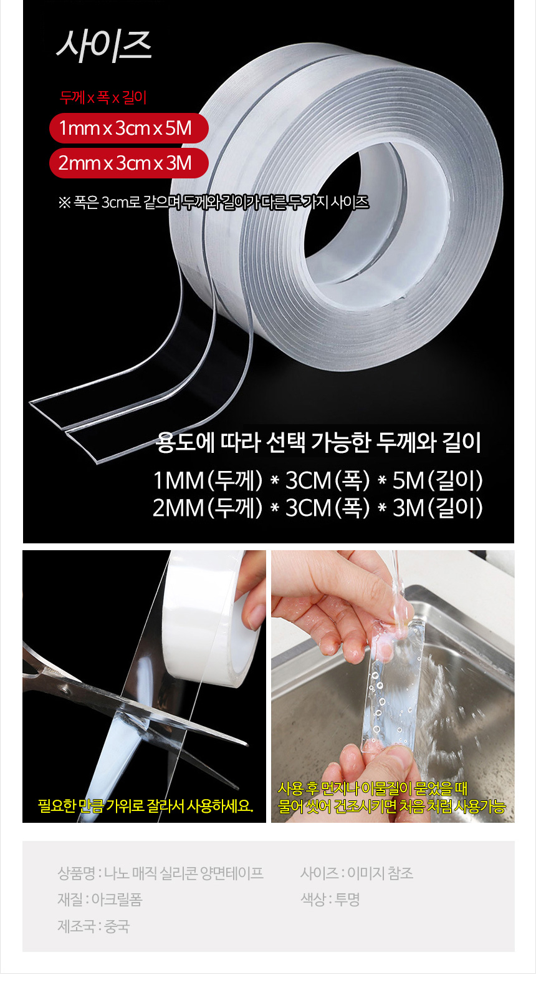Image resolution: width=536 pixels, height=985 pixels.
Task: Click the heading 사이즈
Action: point(104,46)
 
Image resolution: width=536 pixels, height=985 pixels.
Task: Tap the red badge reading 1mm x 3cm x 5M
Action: point(128,129)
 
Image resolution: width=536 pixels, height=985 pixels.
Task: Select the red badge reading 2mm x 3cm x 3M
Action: point(128,163)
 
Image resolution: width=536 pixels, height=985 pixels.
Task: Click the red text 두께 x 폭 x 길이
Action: point(103,98)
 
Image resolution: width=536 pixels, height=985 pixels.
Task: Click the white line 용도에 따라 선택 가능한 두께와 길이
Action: point(318,443)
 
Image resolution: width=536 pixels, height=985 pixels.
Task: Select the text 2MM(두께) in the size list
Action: point(208,508)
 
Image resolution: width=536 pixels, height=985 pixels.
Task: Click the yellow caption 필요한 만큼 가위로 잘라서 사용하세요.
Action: point(145,806)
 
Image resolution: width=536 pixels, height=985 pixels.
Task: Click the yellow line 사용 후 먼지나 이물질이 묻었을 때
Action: point(372,788)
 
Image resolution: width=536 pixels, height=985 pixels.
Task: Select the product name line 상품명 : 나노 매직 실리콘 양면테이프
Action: point(160,873)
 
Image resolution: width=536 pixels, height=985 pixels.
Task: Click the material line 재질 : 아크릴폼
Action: point(100,900)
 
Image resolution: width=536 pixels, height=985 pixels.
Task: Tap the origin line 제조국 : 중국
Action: point(93,926)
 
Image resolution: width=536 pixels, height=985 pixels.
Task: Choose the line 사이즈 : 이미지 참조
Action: point(357,873)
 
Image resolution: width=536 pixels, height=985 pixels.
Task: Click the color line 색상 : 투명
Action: point(330,900)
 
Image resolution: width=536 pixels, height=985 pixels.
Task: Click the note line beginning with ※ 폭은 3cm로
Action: point(213,203)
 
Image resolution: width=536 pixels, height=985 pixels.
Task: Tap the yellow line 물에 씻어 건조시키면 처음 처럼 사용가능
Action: point(391,807)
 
